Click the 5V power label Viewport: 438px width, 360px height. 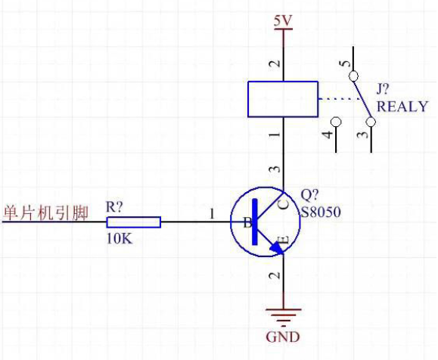click(x=283, y=20)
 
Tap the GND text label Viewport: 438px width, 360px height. click(x=283, y=337)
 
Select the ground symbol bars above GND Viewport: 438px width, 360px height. click(x=283, y=317)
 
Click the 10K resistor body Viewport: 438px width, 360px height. click(x=134, y=222)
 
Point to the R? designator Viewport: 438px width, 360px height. click(x=114, y=206)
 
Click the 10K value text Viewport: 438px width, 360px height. click(x=120, y=239)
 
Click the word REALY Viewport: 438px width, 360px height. click(x=402, y=107)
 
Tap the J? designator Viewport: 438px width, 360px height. click(x=383, y=89)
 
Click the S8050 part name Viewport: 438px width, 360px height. click(x=321, y=212)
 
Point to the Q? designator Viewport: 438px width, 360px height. click(x=309, y=194)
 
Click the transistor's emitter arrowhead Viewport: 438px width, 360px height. click(x=277, y=248)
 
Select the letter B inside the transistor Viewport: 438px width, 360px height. click(x=247, y=223)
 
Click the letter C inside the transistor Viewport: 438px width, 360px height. click(x=284, y=204)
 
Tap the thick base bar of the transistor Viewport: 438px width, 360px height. click(x=254, y=222)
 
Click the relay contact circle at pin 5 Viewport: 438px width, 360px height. click(x=353, y=76)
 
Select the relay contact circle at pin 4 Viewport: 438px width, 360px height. click(x=335, y=122)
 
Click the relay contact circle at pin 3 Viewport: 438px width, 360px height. click(x=371, y=122)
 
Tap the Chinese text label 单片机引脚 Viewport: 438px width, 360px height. click(x=45, y=213)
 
